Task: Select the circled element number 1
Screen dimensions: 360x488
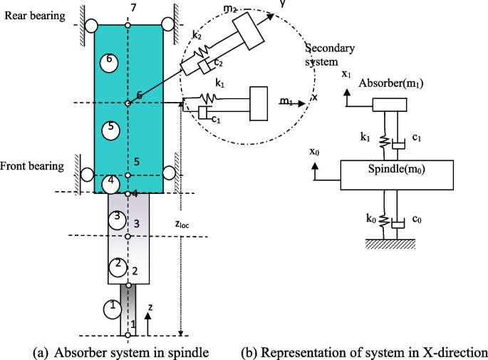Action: point(111,309)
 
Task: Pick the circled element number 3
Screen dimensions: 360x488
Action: point(116,218)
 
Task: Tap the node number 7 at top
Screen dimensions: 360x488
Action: point(128,8)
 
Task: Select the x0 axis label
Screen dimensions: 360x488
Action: point(314,153)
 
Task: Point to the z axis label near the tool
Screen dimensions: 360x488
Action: point(150,308)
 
